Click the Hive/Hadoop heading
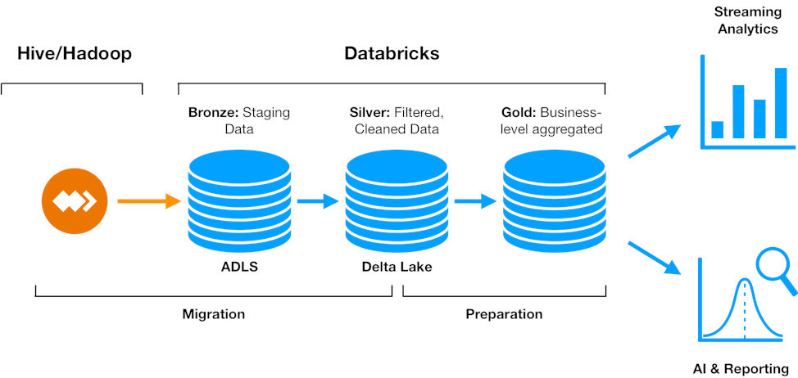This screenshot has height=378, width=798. (75, 54)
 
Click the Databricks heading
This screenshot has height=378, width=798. (392, 54)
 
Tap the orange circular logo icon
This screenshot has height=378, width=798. (75, 200)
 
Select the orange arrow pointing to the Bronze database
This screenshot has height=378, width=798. (148, 200)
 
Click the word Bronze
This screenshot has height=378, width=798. (214, 112)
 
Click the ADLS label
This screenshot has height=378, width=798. (238, 267)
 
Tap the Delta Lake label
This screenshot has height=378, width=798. (397, 267)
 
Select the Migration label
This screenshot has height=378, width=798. (213, 314)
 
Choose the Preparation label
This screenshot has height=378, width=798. (504, 314)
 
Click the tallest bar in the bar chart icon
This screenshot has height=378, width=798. (780, 103)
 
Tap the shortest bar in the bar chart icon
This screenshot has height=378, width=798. (718, 129)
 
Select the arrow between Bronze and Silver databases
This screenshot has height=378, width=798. (318, 200)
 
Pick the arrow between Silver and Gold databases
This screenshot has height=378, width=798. (475, 200)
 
